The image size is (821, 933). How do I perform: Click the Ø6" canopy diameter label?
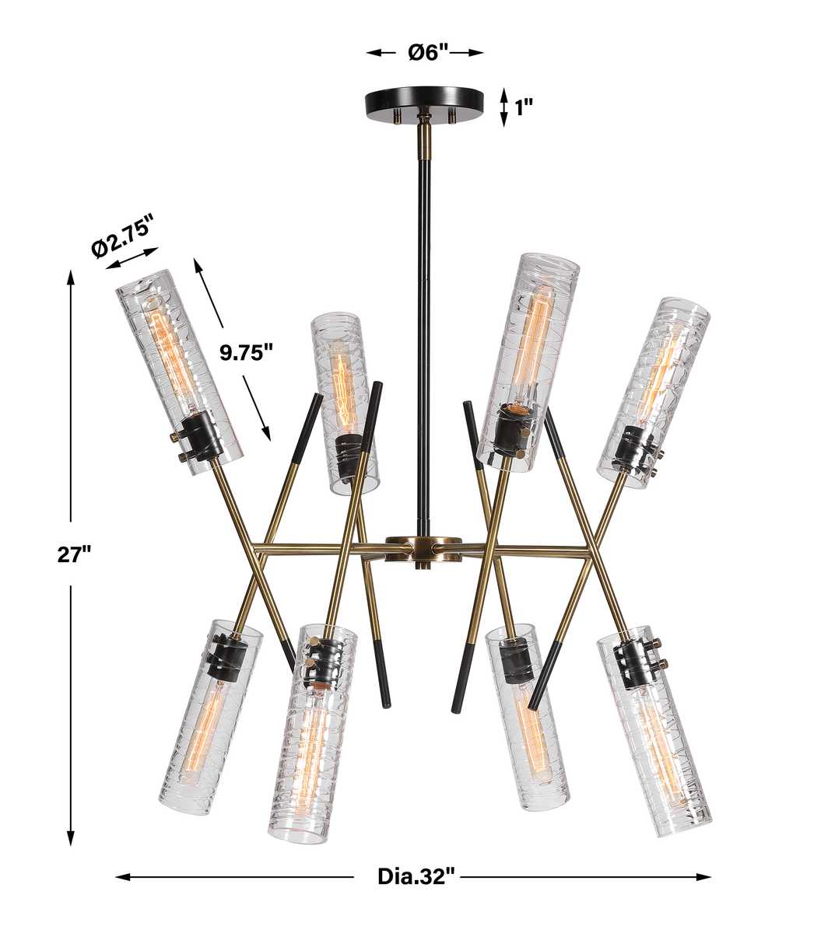coord(428,53)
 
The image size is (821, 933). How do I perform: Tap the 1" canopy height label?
coord(524,109)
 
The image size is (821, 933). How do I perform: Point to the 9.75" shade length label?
coord(246,353)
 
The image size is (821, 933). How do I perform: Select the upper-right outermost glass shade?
coord(654,393)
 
